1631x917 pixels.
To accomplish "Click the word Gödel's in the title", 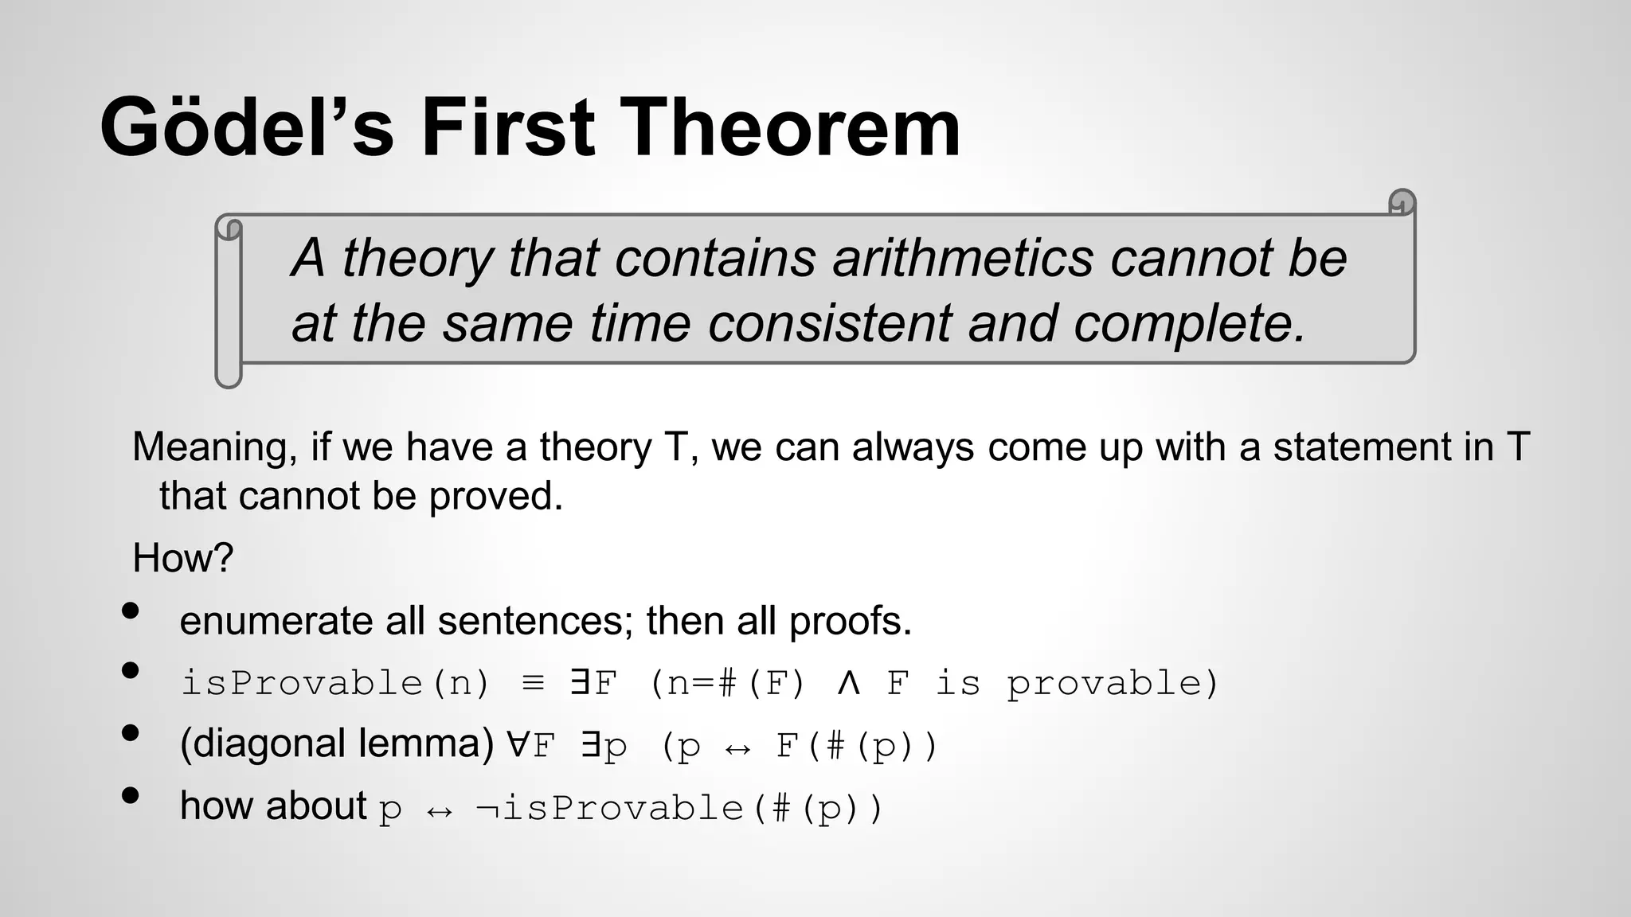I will pos(247,127).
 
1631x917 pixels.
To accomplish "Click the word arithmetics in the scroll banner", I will pos(963,258).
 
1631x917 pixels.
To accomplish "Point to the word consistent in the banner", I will pos(829,323).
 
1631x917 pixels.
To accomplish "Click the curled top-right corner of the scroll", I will pos(1402,202).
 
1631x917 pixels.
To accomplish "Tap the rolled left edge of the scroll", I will pos(229,302).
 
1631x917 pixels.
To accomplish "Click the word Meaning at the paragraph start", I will pos(214,447).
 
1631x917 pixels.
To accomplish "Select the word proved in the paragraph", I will pos(495,497).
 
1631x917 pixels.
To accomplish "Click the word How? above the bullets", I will pos(182,558).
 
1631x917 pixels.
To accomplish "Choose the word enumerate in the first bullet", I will pos(276,621).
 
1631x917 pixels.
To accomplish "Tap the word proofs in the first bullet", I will pos(850,621).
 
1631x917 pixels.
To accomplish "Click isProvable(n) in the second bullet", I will pos(335,683).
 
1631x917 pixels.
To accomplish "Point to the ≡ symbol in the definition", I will pos(533,683).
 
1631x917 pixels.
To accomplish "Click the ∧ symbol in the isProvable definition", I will pos(848,683).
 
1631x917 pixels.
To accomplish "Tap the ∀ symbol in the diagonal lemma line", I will pos(517,745).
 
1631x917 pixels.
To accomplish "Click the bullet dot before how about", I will pos(131,795).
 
